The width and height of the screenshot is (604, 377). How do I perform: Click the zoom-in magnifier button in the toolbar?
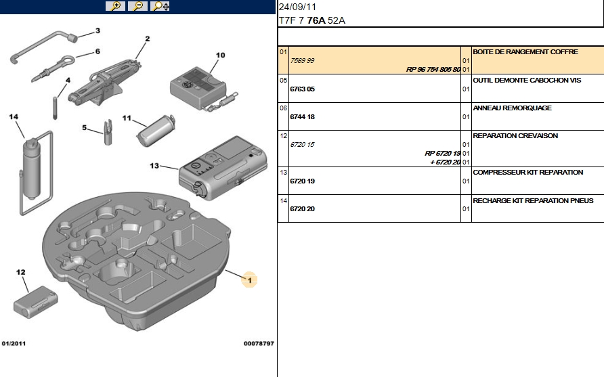(116, 6)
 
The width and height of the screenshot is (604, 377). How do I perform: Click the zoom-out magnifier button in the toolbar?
(137, 6)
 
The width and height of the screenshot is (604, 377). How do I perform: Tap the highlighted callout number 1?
(249, 280)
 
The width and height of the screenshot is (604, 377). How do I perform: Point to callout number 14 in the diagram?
(13, 116)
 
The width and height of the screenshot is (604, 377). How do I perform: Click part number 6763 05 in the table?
(302, 89)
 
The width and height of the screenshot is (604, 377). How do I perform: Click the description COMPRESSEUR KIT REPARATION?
(527, 172)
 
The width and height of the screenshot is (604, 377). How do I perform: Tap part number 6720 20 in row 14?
(302, 208)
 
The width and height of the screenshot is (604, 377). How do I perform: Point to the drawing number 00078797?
(259, 344)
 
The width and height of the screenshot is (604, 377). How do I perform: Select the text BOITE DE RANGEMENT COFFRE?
(525, 51)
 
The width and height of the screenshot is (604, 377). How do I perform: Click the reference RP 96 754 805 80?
(433, 69)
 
